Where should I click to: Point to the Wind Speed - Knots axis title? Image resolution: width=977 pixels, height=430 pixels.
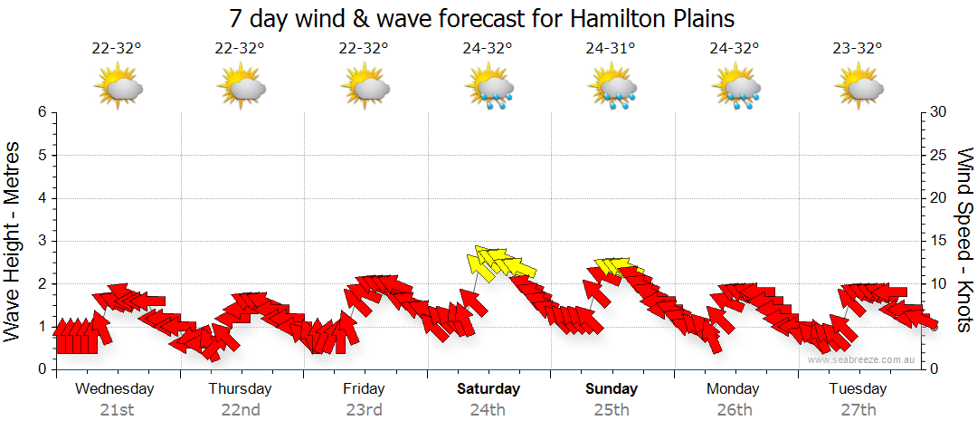coord(963,239)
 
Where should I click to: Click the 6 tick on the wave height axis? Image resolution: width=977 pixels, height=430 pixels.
coord(42,112)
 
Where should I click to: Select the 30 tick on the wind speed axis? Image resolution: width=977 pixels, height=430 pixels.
coord(939,112)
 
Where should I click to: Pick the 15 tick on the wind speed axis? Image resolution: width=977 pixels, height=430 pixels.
coord(939,241)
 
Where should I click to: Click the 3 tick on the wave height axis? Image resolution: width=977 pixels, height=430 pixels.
coord(42,241)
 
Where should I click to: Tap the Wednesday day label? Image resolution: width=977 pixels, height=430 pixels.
coord(115,389)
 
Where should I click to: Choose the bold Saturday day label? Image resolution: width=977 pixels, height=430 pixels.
coord(488,389)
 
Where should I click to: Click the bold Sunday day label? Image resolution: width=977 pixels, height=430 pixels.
coord(612,389)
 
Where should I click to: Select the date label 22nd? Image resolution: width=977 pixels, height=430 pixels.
coord(241,410)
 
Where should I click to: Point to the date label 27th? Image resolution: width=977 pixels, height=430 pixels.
coord(858,410)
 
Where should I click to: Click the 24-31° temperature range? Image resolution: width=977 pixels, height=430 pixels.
coord(611,49)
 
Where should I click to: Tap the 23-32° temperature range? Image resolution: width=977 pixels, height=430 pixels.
coord(858,49)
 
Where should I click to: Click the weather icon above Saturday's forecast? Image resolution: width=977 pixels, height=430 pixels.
coord(488,88)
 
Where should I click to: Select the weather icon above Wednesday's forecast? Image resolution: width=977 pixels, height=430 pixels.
coord(118,88)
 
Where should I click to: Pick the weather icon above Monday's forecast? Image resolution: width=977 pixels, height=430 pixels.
coord(735,88)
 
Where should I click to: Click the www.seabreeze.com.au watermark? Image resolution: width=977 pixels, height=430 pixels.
coord(863,360)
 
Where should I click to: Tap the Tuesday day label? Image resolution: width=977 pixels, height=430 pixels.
coord(858,389)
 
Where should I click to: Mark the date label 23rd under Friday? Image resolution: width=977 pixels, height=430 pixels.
coord(364,410)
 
